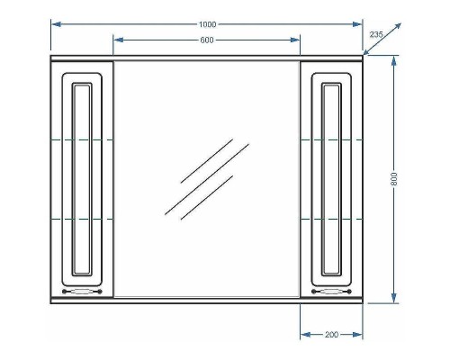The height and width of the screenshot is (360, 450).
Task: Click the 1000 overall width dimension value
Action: (x=206, y=23)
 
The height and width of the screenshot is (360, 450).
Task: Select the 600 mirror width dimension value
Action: (x=206, y=40)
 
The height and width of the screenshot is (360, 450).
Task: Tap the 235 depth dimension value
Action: (x=376, y=33)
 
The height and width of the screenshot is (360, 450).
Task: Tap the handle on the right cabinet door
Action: (x=330, y=291)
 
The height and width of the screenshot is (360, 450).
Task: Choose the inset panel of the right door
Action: (x=330, y=178)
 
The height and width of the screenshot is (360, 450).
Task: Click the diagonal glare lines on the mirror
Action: (x=200, y=176)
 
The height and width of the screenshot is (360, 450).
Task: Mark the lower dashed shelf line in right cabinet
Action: (x=331, y=220)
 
